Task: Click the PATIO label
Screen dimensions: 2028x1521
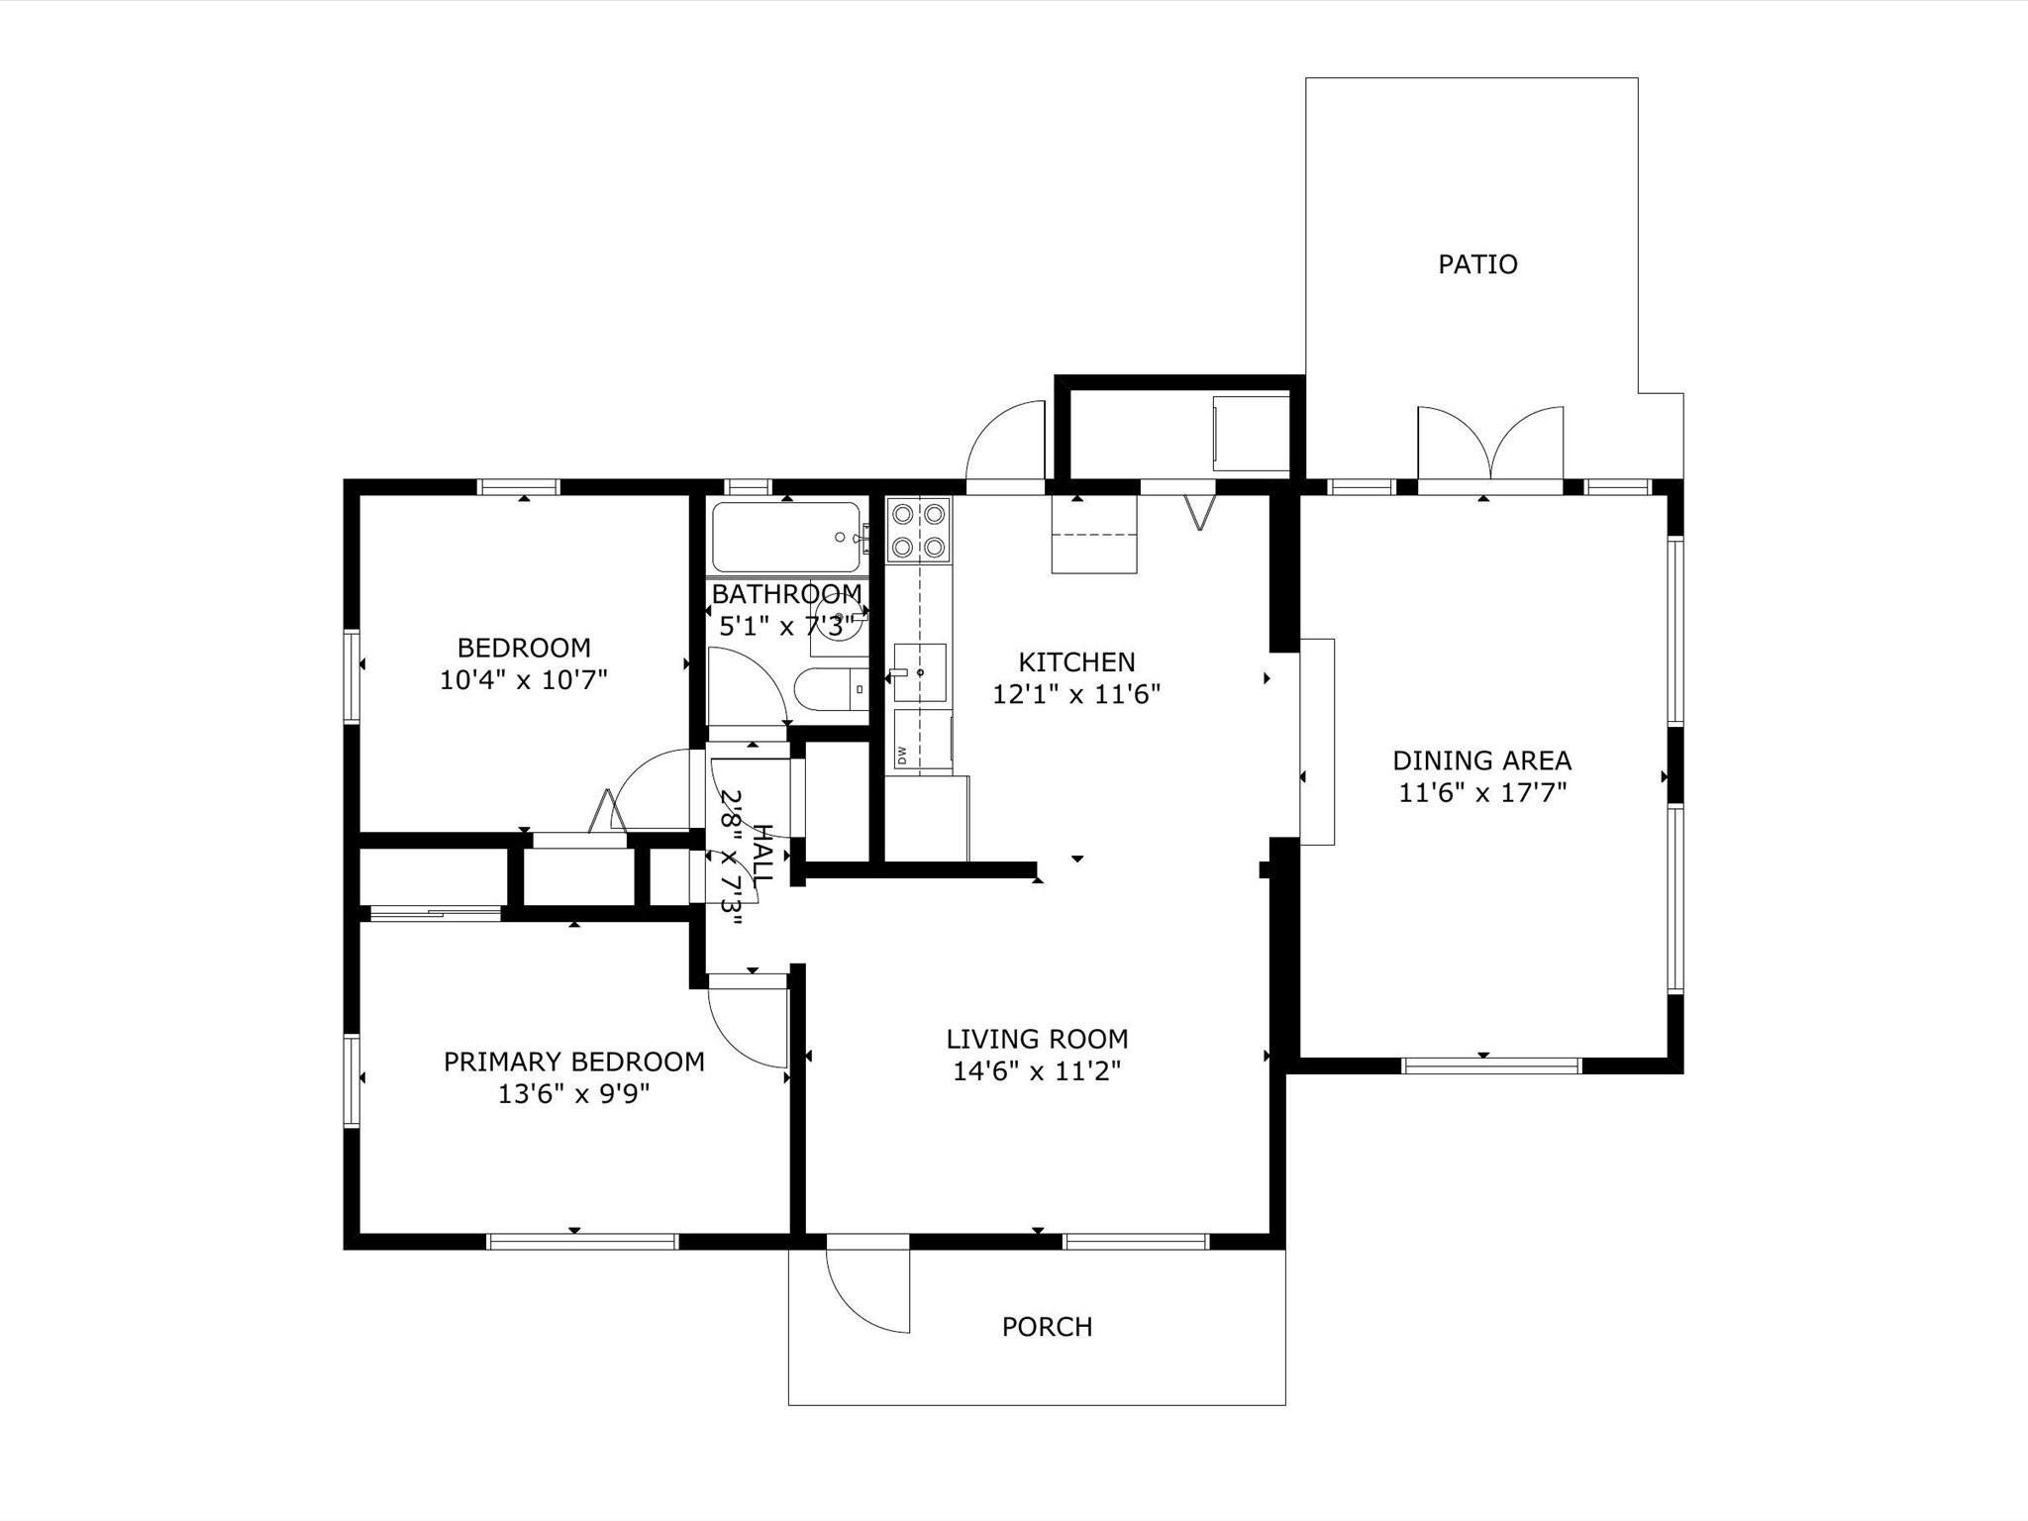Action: coord(1477,264)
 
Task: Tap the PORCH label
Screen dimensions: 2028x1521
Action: coord(1047,1327)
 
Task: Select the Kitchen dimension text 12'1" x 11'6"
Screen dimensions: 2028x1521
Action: coord(1076,694)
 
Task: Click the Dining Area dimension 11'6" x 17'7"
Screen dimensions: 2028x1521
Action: coord(1482,793)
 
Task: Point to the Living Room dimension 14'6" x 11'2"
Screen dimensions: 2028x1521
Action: coord(1037,1071)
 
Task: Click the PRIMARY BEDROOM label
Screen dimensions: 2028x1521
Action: coord(574,1062)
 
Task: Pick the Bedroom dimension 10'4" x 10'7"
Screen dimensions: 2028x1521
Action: coord(523,680)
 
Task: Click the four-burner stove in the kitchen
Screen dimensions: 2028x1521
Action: coord(919,530)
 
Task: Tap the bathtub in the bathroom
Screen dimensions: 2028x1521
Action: coord(786,537)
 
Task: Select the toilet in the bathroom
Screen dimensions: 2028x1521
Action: coord(832,689)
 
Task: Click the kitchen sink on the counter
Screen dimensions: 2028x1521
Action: coord(920,672)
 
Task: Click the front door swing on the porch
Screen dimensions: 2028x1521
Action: coord(868,1287)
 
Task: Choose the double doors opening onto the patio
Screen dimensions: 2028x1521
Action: coord(1490,443)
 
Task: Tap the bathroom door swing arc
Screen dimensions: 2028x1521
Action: coord(749,686)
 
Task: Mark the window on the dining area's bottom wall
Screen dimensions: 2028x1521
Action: coord(1491,1066)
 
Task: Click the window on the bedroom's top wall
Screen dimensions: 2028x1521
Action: coord(519,487)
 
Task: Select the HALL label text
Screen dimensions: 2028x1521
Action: coord(763,854)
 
